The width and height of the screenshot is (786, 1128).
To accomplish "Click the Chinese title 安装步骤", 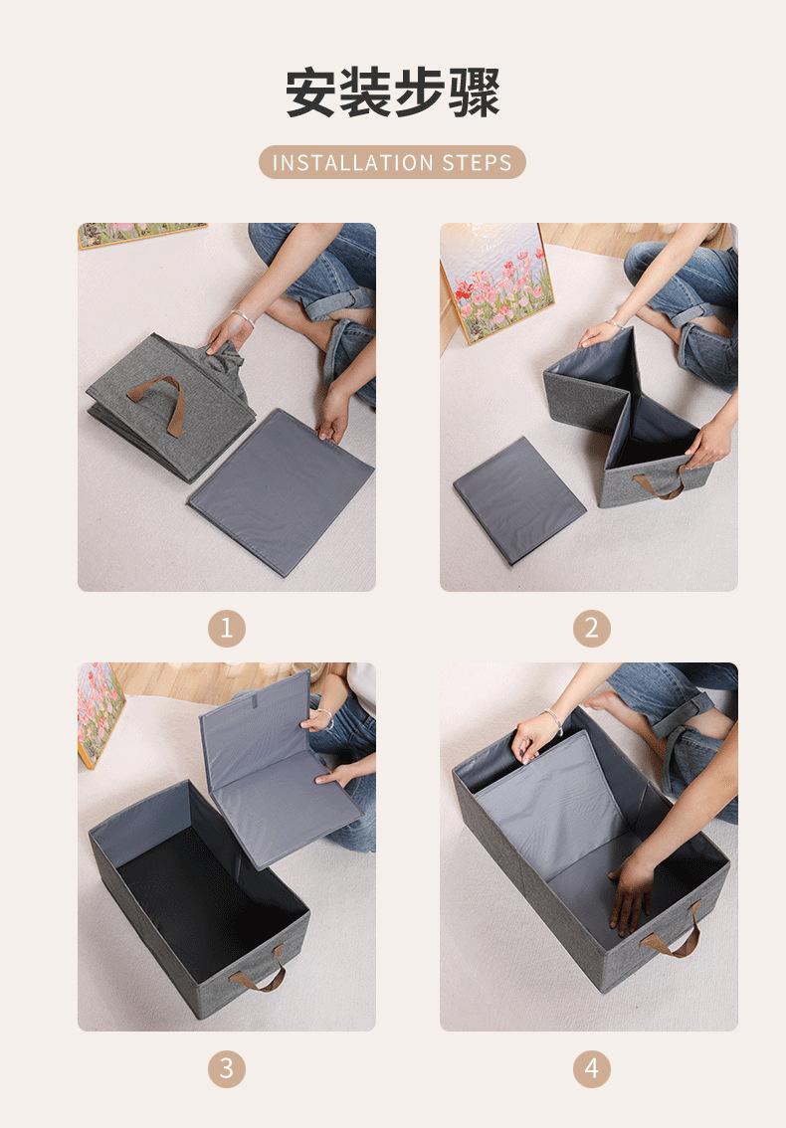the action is coord(392,93).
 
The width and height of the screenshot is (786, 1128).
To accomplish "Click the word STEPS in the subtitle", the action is coord(478,162).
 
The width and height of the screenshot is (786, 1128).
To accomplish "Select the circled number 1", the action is coord(227,628).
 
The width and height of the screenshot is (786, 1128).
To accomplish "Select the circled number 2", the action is coord(592,628).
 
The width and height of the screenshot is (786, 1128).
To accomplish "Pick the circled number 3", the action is coord(227,1068).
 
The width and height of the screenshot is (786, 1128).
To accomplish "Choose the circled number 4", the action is coord(592,1068).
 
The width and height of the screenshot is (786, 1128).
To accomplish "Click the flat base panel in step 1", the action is coord(281,491).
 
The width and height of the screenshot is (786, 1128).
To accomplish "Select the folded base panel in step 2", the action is coord(518,500).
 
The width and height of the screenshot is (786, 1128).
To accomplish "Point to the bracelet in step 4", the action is coord(554,721).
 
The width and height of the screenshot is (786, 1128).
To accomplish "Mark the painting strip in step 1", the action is coord(142,235).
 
